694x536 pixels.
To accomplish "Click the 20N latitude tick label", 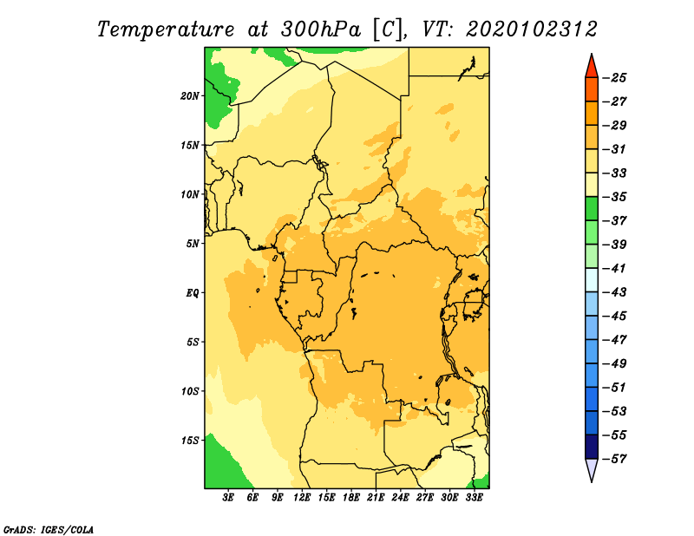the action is pyautogui.click(x=190, y=96).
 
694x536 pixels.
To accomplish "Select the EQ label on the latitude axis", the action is pyautogui.click(x=192, y=293).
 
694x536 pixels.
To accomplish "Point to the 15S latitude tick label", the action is pyautogui.click(x=190, y=441).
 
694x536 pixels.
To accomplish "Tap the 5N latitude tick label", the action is pyautogui.click(x=193, y=244).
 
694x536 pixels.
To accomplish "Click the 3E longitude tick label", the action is pyautogui.click(x=228, y=497).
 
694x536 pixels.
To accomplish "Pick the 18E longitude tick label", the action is pyautogui.click(x=351, y=497).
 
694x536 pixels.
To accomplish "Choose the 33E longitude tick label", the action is pyautogui.click(x=474, y=497).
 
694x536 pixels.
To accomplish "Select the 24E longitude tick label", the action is pyautogui.click(x=400, y=497).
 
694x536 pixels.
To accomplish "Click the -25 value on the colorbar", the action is pyautogui.click(x=615, y=78).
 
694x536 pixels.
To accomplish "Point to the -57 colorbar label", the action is pyautogui.click(x=615, y=459).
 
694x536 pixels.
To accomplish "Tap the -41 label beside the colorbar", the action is pyautogui.click(x=615, y=268).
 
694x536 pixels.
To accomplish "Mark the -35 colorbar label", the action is pyautogui.click(x=615, y=197).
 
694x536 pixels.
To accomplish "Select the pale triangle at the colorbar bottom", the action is pyautogui.click(x=592, y=468).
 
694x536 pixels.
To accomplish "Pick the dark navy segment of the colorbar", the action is pyautogui.click(x=592, y=447).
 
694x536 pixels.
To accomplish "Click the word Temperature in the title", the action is pyautogui.click(x=166, y=30).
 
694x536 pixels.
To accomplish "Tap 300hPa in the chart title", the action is pyautogui.click(x=321, y=29).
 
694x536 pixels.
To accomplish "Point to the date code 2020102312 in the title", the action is pyautogui.click(x=532, y=29).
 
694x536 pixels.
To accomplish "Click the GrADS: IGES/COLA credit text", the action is pyautogui.click(x=49, y=529).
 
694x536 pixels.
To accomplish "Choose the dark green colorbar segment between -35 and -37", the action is pyautogui.click(x=592, y=209).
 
